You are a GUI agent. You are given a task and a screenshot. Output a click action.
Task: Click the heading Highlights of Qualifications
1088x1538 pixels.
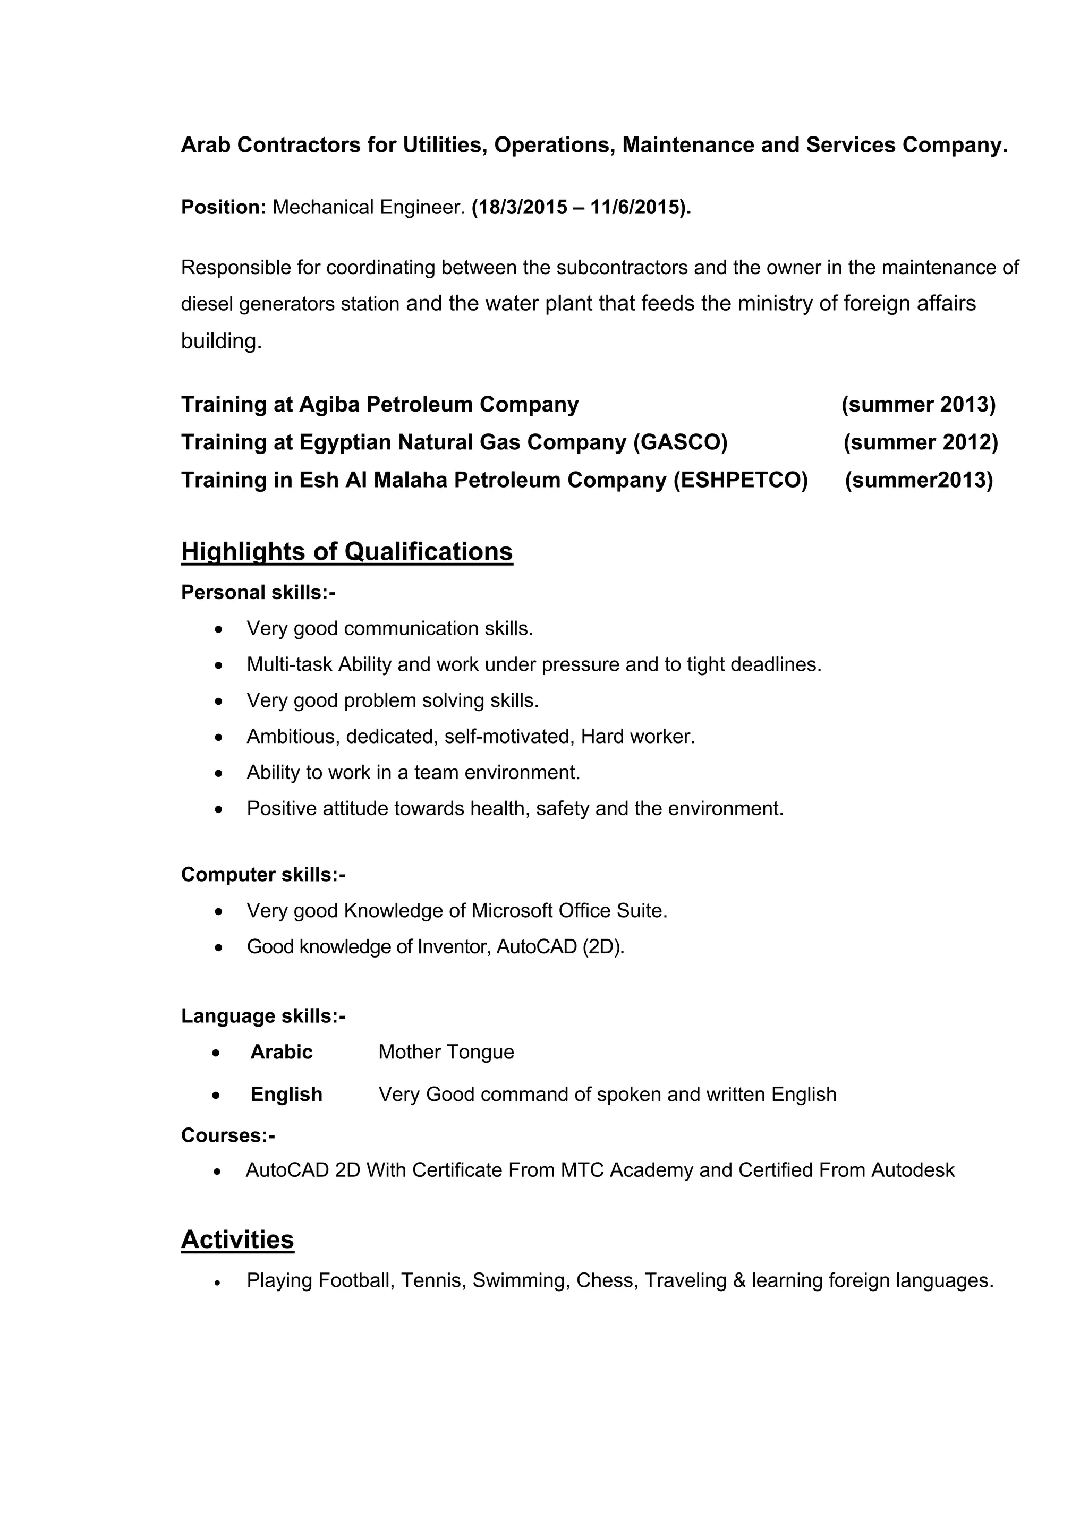pyautogui.click(x=346, y=551)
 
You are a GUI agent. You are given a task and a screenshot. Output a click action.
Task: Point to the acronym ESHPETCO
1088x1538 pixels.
pyautogui.click(x=740, y=480)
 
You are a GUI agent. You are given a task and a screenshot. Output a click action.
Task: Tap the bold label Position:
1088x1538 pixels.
pyautogui.click(x=224, y=208)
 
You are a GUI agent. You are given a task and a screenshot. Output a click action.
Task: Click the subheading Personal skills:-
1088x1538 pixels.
pyautogui.click(x=258, y=592)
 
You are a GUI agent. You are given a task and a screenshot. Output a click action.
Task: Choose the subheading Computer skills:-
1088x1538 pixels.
pyautogui.click(x=263, y=874)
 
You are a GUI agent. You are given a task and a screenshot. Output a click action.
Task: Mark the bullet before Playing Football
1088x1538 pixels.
pyautogui.click(x=218, y=1282)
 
